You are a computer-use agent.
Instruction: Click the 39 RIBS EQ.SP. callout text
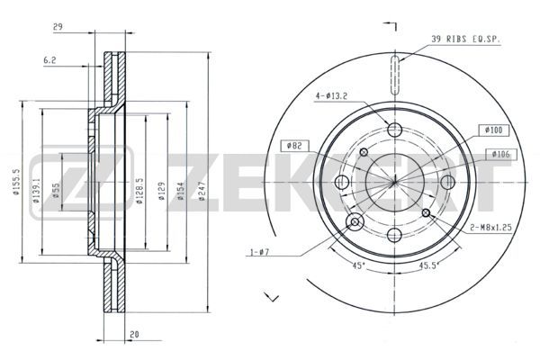coord(465,40)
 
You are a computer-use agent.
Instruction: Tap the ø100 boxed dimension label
coord(493,130)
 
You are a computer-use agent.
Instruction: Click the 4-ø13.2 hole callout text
coord(331,96)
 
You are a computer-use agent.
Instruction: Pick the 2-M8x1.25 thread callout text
coord(490,228)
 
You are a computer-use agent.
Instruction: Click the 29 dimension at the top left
coord(58,27)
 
